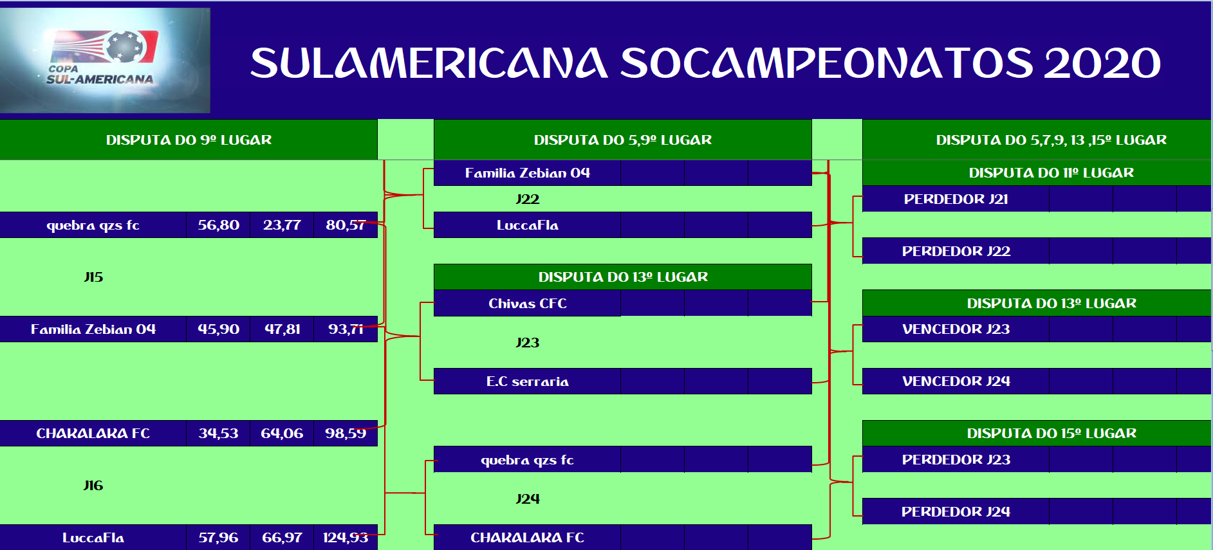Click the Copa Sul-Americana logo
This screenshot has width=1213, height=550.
click(x=105, y=60)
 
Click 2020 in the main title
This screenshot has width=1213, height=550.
click(x=1102, y=63)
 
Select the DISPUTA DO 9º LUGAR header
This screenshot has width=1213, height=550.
click(x=189, y=140)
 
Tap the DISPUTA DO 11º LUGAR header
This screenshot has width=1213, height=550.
click(x=1051, y=172)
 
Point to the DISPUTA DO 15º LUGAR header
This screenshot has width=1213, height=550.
click(x=1051, y=433)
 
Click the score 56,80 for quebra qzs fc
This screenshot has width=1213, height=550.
click(x=218, y=225)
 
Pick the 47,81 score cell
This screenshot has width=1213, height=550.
click(x=282, y=329)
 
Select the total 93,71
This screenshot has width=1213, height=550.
click(x=346, y=329)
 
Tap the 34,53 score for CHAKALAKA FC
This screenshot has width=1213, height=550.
click(x=218, y=434)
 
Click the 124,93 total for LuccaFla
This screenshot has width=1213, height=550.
click(x=346, y=538)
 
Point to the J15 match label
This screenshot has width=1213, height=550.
click(x=93, y=277)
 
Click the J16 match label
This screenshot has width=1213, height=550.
click(x=93, y=486)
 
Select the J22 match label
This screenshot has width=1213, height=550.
click(x=528, y=199)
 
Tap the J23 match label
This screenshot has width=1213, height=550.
click(x=528, y=343)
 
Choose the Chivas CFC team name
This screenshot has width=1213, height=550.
click(x=528, y=304)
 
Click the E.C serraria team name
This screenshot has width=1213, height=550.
click(x=528, y=381)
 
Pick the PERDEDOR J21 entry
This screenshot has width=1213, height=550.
click(x=956, y=199)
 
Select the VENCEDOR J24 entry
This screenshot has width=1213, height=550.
click(x=956, y=381)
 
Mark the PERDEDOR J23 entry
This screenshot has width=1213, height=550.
click(x=956, y=460)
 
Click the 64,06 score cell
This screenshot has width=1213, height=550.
click(x=282, y=434)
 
